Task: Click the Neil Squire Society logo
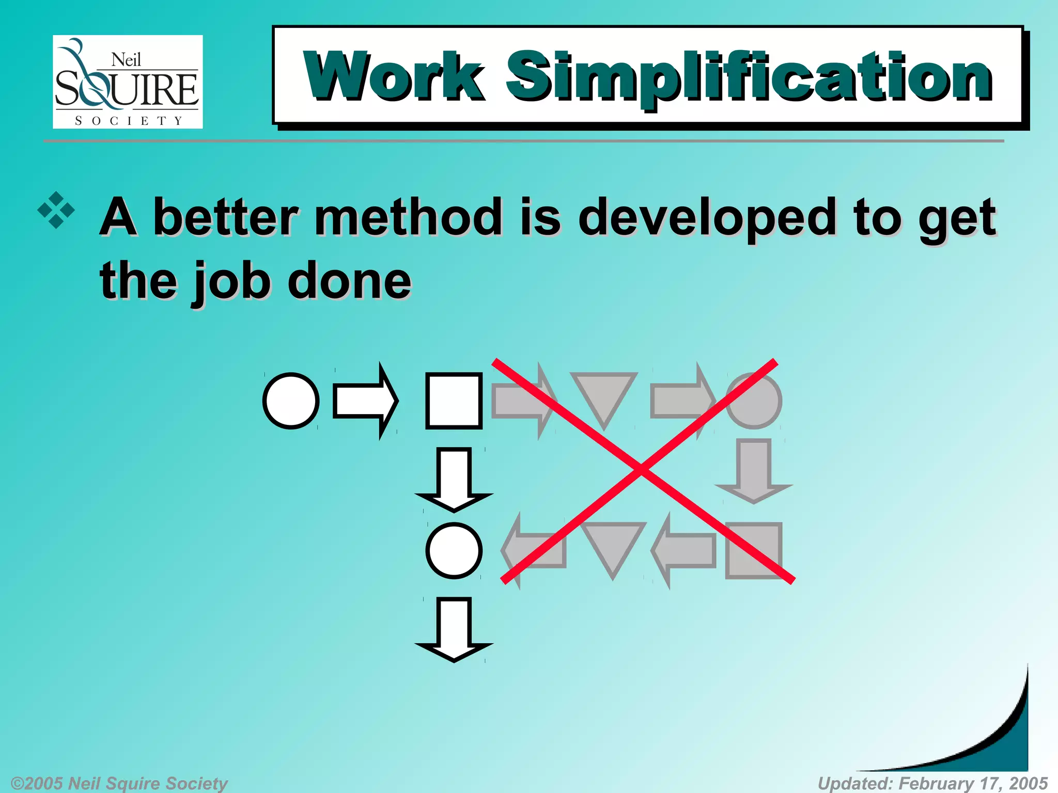[x=128, y=82]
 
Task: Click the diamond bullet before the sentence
[x=56, y=211]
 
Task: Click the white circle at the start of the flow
[x=291, y=401]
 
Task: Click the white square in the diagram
[x=454, y=401]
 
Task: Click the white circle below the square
[x=454, y=550]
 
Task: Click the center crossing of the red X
[x=641, y=469]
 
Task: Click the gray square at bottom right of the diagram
[x=753, y=550]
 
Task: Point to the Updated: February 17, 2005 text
[x=932, y=783]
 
